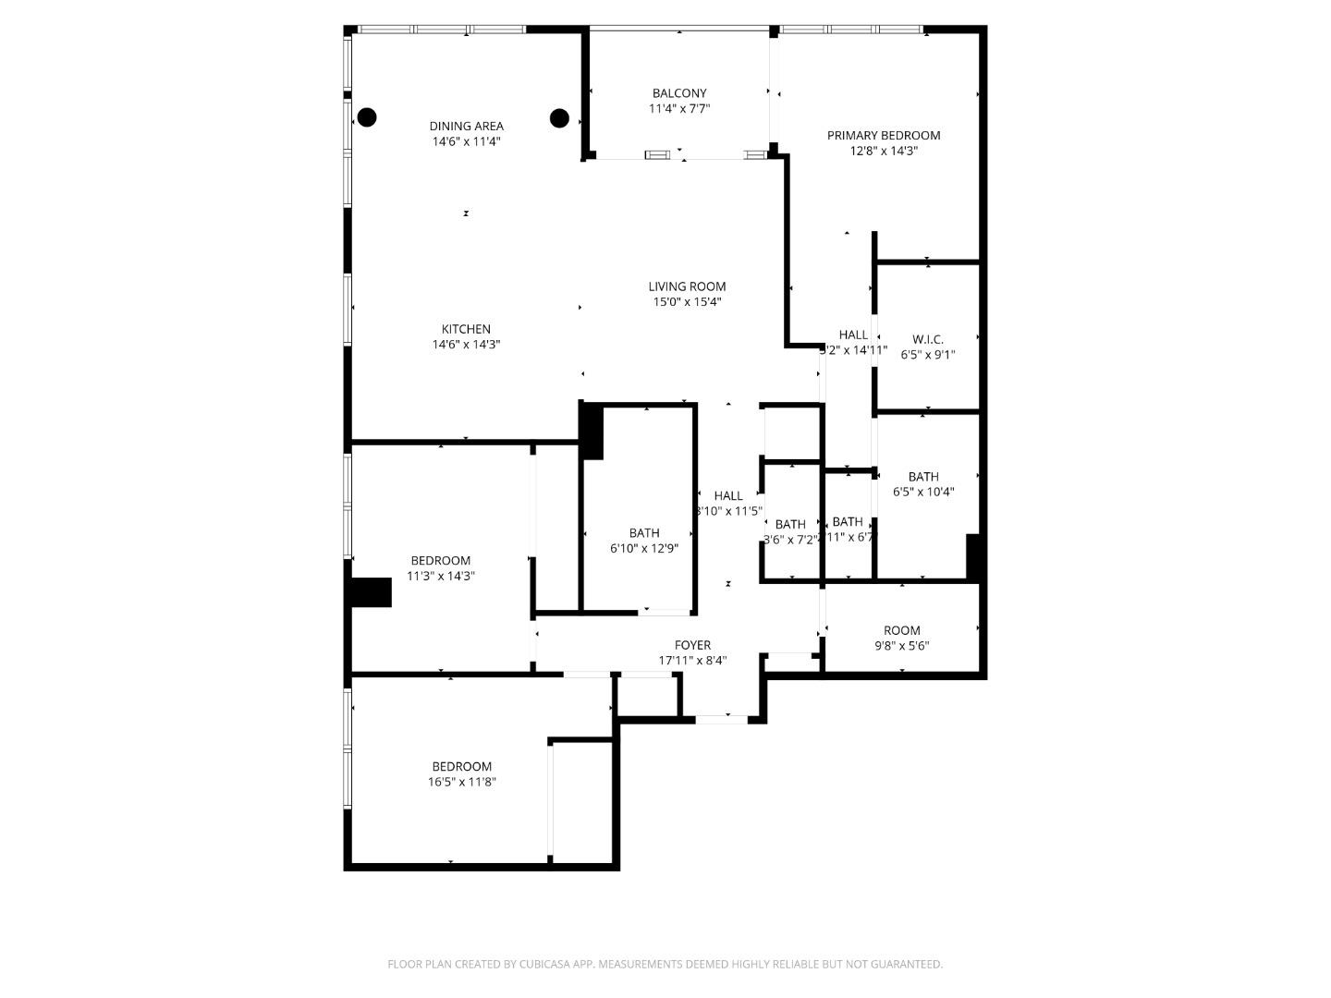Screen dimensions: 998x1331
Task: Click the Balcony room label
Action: [679, 93]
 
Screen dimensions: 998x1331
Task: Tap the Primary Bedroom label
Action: [884, 136]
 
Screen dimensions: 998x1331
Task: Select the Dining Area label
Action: [467, 127]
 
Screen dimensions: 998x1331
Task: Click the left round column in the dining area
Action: [367, 117]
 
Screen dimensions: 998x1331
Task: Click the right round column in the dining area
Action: [559, 117]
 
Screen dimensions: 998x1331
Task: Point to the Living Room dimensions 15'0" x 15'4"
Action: [687, 301]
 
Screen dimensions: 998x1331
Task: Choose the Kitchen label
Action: [466, 329]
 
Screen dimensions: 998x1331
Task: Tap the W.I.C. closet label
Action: [927, 339]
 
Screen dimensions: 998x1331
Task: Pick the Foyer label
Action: [692, 645]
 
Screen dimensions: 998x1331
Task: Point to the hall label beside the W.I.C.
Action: [853, 335]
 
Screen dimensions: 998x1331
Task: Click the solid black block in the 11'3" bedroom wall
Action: [372, 592]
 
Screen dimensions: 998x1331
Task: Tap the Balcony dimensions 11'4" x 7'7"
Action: [679, 108]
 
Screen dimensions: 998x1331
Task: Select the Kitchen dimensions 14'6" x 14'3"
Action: [466, 344]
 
